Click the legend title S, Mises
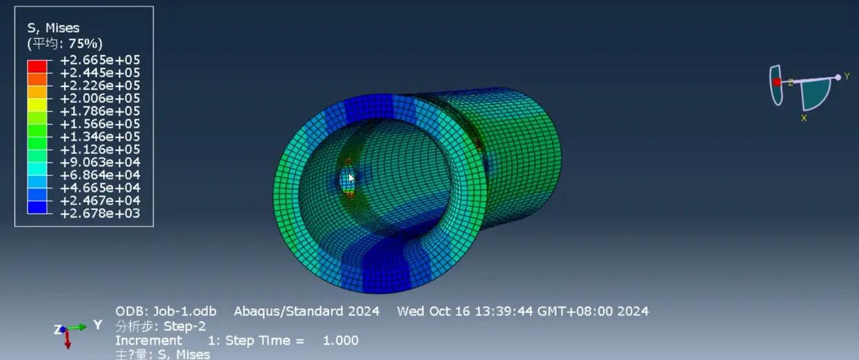tap(53, 28)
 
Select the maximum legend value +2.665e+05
tap(100, 60)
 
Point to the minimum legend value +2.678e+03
tap(100, 213)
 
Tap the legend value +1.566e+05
tap(100, 124)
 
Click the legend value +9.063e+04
tap(100, 162)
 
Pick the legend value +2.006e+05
tap(100, 98)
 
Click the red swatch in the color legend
tap(37, 66)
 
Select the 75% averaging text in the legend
tap(83, 43)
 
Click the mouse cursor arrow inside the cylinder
tap(351, 178)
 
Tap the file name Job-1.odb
tap(185, 311)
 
